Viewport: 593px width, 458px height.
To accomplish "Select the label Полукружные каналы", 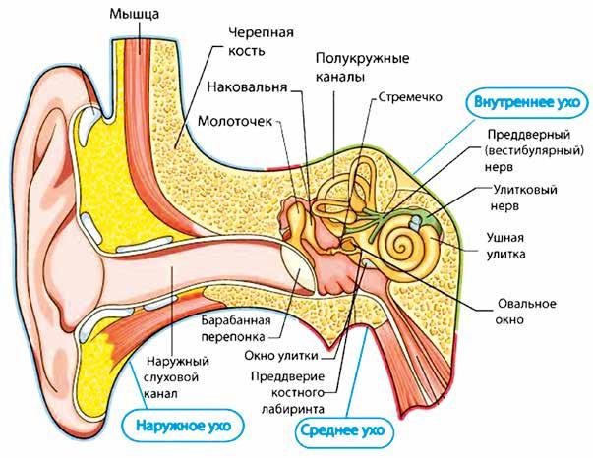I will [349, 65].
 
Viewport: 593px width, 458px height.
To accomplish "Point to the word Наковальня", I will [247, 86].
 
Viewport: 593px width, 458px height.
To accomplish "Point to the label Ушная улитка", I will [510, 246].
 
